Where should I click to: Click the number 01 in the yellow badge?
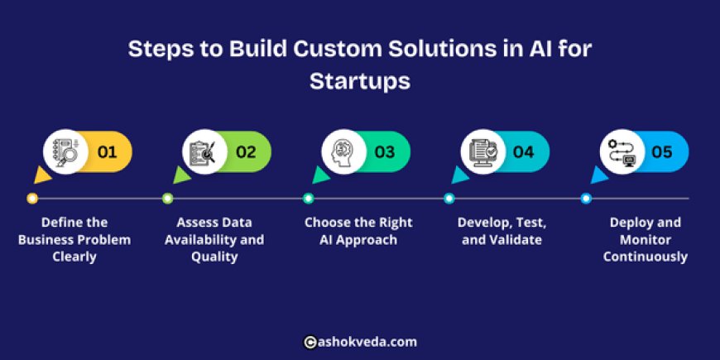click(108, 152)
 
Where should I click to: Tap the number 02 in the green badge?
click(246, 152)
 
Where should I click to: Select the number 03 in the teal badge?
click(385, 152)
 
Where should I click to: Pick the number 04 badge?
click(523, 152)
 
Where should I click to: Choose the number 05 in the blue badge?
click(662, 152)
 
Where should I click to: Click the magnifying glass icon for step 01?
click(66, 152)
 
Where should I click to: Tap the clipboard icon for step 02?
click(205, 152)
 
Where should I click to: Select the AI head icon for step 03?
click(344, 152)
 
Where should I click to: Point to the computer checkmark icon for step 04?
click(483, 152)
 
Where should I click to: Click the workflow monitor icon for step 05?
click(622, 152)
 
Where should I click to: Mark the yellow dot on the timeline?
click(32, 199)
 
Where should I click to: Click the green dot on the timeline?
click(168, 199)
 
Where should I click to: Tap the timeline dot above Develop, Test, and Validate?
click(449, 199)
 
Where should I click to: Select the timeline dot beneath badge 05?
click(586, 199)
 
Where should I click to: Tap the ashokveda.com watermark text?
click(368, 341)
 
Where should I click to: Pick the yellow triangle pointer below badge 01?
click(40, 176)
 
